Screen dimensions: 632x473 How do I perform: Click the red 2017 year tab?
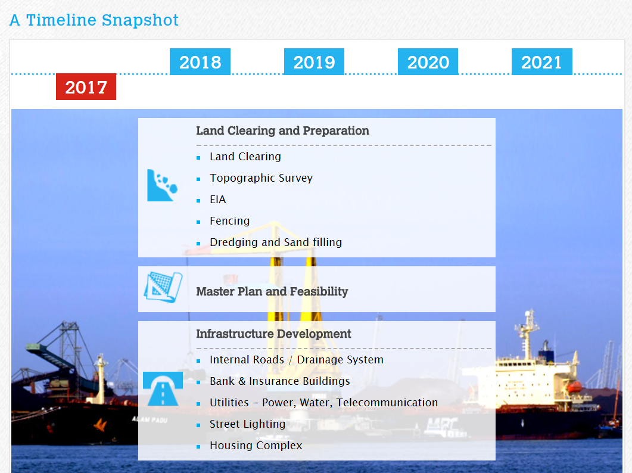pyautogui.click(x=86, y=87)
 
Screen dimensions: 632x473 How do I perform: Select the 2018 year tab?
pyautogui.click(x=200, y=62)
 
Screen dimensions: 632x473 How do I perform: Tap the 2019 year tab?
pyautogui.click(x=314, y=62)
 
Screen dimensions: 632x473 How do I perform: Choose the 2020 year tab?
pyautogui.click(x=428, y=62)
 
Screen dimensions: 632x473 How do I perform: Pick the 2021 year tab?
pyautogui.click(x=541, y=62)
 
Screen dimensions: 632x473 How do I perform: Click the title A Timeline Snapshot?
pyautogui.click(x=94, y=20)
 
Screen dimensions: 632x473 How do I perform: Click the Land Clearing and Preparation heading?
pyautogui.click(x=282, y=130)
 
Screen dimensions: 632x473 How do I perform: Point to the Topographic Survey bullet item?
pyautogui.click(x=261, y=178)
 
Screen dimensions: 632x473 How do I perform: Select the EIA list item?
pyautogui.click(x=217, y=199)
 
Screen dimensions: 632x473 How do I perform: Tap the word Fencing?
pyautogui.click(x=230, y=221)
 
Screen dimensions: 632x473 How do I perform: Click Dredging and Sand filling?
pyautogui.click(x=276, y=242)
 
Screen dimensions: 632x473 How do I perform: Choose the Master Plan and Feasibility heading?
pyautogui.click(x=272, y=291)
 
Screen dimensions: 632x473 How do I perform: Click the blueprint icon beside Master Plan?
pyautogui.click(x=163, y=287)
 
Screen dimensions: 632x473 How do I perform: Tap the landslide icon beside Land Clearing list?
pyautogui.click(x=162, y=185)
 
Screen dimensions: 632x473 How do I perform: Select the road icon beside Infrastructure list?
pyautogui.click(x=163, y=389)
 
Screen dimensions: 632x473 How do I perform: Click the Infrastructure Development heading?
pyautogui.click(x=273, y=334)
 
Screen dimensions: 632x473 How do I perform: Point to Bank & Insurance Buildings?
pyautogui.click(x=280, y=381)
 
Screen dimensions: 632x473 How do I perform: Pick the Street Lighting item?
pyautogui.click(x=247, y=424)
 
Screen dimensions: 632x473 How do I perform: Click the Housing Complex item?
pyautogui.click(x=256, y=445)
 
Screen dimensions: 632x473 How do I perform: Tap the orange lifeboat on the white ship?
pyautogui.click(x=574, y=387)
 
